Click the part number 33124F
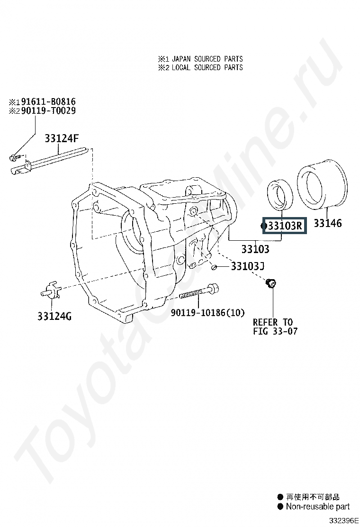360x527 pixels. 62,138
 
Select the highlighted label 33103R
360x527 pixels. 285,226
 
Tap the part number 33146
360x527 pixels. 327,223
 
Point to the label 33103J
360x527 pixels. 247,266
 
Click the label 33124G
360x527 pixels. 54,316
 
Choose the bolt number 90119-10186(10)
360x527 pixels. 207,313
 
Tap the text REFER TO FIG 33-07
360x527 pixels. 275,327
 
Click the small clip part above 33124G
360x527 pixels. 49,291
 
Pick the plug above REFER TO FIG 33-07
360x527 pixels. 271,283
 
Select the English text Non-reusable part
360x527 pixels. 318,507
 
